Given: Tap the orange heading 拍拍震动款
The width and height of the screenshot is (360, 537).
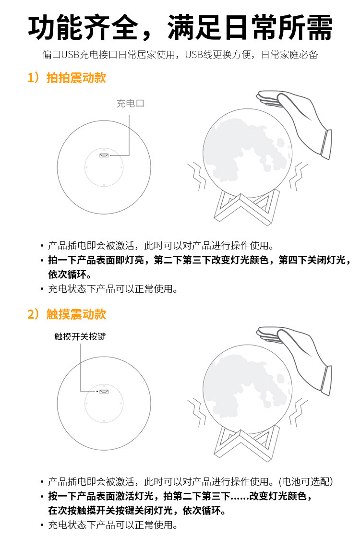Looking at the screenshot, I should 76,78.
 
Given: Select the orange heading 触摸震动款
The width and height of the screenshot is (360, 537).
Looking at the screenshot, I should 76,314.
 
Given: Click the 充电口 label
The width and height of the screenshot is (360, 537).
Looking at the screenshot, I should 130,103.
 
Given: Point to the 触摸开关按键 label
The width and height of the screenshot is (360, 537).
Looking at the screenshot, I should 80,336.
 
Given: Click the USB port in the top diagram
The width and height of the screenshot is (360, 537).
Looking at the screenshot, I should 104,155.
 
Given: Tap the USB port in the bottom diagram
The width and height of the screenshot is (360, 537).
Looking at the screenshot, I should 104,391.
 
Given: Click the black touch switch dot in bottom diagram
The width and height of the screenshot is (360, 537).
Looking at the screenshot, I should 97,391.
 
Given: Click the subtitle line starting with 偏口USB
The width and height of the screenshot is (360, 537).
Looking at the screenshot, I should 180,54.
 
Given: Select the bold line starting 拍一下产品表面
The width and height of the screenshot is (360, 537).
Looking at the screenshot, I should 199,260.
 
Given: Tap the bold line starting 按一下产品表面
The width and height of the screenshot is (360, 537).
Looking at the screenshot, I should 180,496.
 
